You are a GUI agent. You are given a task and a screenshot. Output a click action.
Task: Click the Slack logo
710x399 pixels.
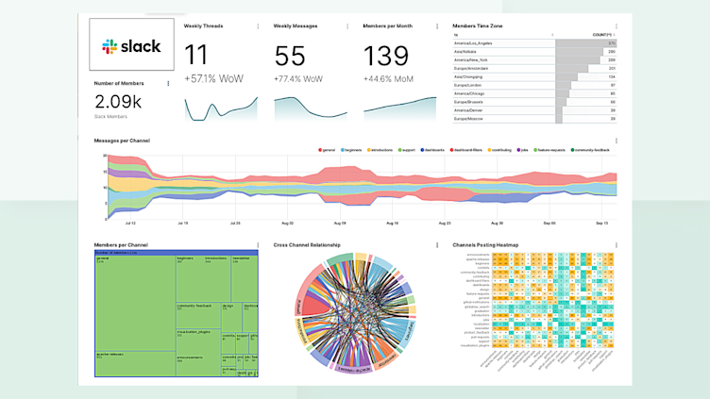[131, 46]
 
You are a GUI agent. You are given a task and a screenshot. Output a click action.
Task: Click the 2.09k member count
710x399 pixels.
[118, 101]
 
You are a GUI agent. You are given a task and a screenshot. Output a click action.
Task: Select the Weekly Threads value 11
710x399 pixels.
[196, 55]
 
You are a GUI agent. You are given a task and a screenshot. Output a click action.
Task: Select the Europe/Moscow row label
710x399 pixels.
[469, 119]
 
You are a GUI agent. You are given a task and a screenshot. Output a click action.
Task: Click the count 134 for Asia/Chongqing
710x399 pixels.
[612, 77]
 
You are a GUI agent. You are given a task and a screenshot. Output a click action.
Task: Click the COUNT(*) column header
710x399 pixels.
[601, 35]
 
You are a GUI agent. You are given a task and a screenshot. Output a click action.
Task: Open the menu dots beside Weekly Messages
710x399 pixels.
[347, 26]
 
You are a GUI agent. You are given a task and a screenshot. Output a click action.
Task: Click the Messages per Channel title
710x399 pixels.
[122, 141]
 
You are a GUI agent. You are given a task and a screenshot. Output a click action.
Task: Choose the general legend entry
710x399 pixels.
[328, 149]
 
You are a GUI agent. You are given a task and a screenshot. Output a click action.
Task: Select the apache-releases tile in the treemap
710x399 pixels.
[113, 357]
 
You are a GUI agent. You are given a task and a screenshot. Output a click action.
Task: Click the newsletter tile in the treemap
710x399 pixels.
[242, 258]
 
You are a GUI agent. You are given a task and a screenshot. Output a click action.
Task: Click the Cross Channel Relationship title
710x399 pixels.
[307, 245]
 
